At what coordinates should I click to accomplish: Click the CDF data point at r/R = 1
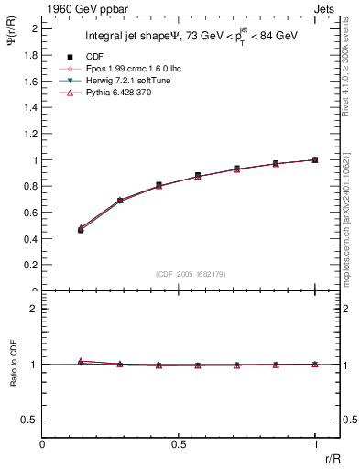(315, 159)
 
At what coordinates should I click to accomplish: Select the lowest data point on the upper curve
(81, 229)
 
